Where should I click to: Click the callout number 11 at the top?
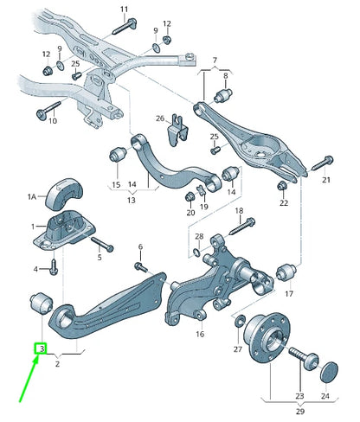pos(123,10)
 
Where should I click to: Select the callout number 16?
pos(199,333)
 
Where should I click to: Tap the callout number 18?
pos(239,210)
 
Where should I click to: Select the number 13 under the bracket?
pos(132,200)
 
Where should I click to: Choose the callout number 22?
pos(283,203)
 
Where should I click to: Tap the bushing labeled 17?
pos(288,275)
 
